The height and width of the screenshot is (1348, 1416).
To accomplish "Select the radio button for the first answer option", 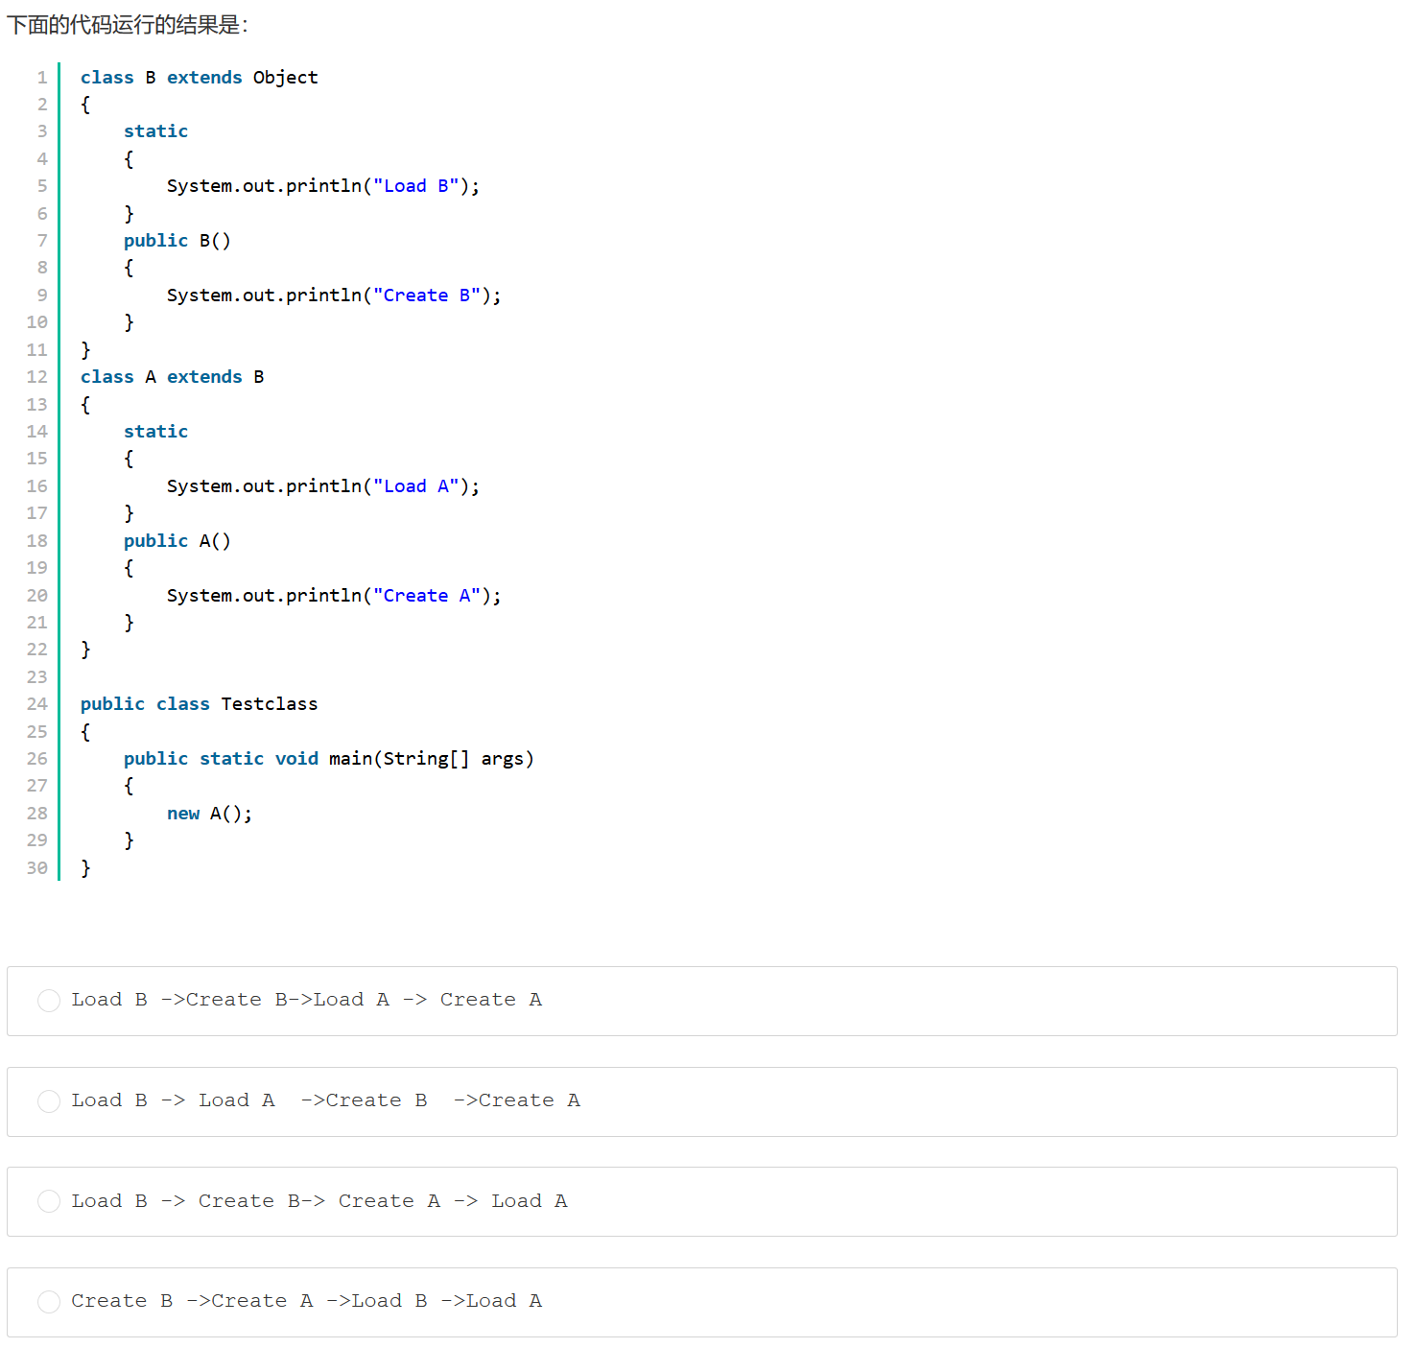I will coord(49,1001).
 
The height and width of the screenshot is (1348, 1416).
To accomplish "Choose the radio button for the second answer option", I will coord(49,1101).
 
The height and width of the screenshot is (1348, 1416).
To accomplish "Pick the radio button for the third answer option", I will coord(49,1201).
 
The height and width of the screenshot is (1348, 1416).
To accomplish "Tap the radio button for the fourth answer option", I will coord(49,1302).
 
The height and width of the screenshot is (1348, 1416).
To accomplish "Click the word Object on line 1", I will coord(285,78).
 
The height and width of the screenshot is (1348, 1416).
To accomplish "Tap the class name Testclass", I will coord(269,704).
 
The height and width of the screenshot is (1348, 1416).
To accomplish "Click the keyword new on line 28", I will coord(182,814).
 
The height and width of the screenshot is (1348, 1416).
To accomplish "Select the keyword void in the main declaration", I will coord(296,759).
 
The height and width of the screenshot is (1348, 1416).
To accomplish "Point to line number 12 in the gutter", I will coord(36,377).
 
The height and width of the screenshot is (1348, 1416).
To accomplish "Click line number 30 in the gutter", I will coord(36,868).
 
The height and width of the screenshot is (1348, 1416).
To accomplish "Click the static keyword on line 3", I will coord(155,131).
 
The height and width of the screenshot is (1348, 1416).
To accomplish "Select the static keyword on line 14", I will coord(155,432).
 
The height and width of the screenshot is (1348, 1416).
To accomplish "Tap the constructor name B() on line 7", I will coord(215,241).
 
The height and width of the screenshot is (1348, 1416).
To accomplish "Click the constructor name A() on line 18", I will coord(215,541).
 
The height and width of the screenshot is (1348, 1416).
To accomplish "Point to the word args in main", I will coord(502,759).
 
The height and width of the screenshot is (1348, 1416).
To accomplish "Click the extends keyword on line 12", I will coord(204,377).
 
